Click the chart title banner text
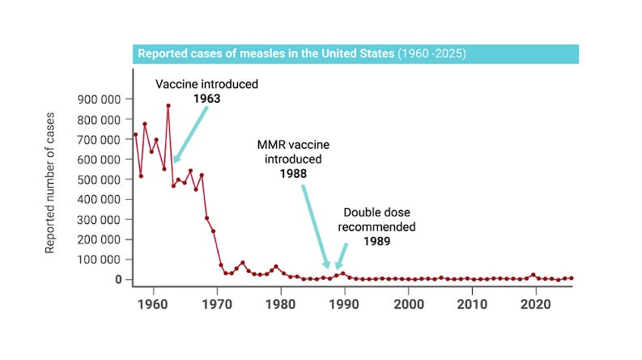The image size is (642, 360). pyautogui.click(x=301, y=54)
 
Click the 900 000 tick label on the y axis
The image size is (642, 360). pyautogui.click(x=99, y=100)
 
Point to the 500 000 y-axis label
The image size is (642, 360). pyautogui.click(x=99, y=180)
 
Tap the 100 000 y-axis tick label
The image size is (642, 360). pyautogui.click(x=99, y=260)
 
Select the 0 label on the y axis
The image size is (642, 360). pyautogui.click(x=117, y=280)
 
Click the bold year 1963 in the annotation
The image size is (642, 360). pyautogui.click(x=207, y=98)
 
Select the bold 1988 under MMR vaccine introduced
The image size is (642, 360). pyautogui.click(x=293, y=173)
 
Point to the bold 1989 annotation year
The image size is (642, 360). pyautogui.click(x=379, y=241)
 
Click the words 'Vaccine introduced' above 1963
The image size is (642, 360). pyautogui.click(x=207, y=83)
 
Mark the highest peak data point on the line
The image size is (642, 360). pyautogui.click(x=168, y=105)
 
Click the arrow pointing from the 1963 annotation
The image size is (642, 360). pyautogui.click(x=191, y=133)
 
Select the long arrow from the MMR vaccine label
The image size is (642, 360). pyautogui.click(x=316, y=227)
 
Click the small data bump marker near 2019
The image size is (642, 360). pyautogui.click(x=533, y=275)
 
